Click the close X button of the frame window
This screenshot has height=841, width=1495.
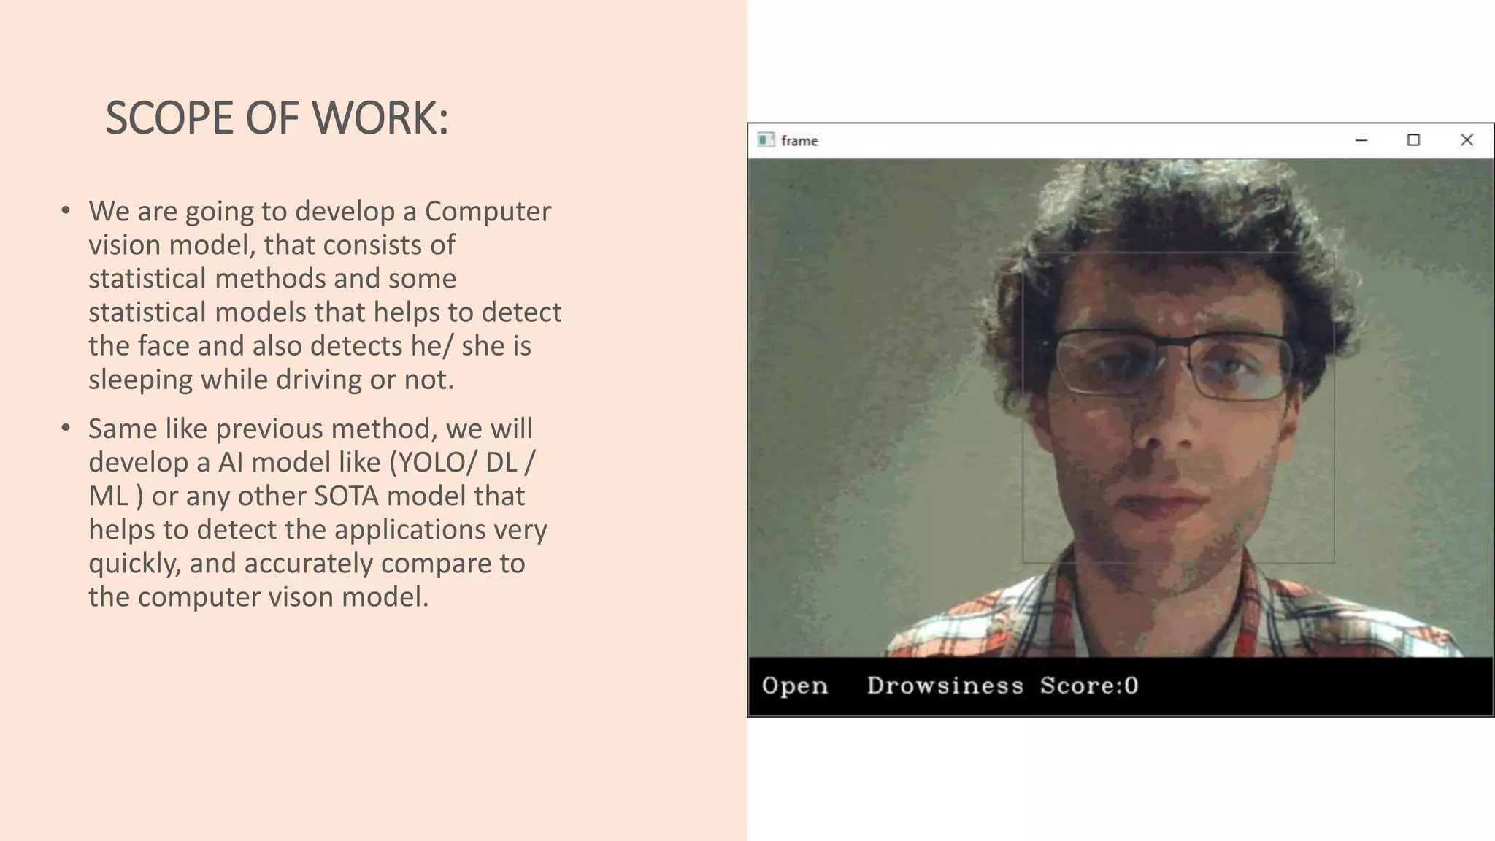point(1467,140)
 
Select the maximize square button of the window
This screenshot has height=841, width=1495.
point(1413,140)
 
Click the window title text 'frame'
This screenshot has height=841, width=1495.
point(799,141)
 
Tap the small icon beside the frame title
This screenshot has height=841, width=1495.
point(765,140)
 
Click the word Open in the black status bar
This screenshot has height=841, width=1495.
point(794,686)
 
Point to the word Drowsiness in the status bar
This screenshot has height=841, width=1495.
point(945,686)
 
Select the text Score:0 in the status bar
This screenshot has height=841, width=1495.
point(1089,686)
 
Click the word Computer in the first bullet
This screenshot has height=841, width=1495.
point(488,211)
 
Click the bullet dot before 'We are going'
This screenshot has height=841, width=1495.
point(66,211)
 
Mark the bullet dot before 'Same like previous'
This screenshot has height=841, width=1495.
point(66,428)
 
